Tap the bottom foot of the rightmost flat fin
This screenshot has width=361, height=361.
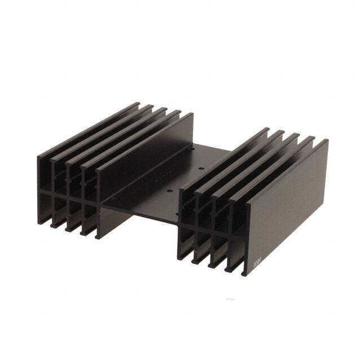244,273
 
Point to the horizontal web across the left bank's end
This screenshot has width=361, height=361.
68,195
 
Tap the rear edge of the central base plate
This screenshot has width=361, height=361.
209,144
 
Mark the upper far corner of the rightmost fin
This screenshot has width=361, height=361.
327,140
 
